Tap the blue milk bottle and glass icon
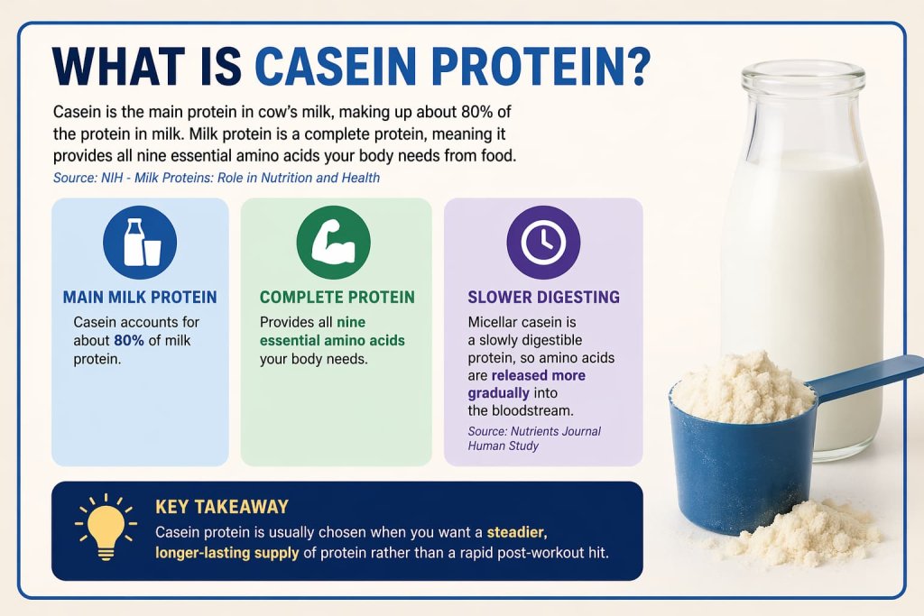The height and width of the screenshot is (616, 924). pyautogui.click(x=140, y=242)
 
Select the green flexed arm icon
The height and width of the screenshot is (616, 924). pyautogui.click(x=333, y=242)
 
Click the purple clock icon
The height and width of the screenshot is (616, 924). pyautogui.click(x=543, y=242)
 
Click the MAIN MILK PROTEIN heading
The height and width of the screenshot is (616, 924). pyautogui.click(x=140, y=297)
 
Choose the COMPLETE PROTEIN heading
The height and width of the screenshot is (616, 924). pyautogui.click(x=337, y=297)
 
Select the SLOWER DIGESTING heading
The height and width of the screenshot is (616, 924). pyautogui.click(x=543, y=297)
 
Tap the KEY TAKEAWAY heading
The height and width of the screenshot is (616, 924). pyautogui.click(x=222, y=508)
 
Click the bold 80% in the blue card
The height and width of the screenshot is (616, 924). pyautogui.click(x=129, y=340)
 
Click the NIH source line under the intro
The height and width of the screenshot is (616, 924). pyautogui.click(x=216, y=178)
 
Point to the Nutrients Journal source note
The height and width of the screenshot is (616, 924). pyautogui.click(x=533, y=438)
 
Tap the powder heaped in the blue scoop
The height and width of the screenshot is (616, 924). pyautogui.click(x=742, y=386)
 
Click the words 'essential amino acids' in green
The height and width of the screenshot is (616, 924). pyautogui.click(x=332, y=340)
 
